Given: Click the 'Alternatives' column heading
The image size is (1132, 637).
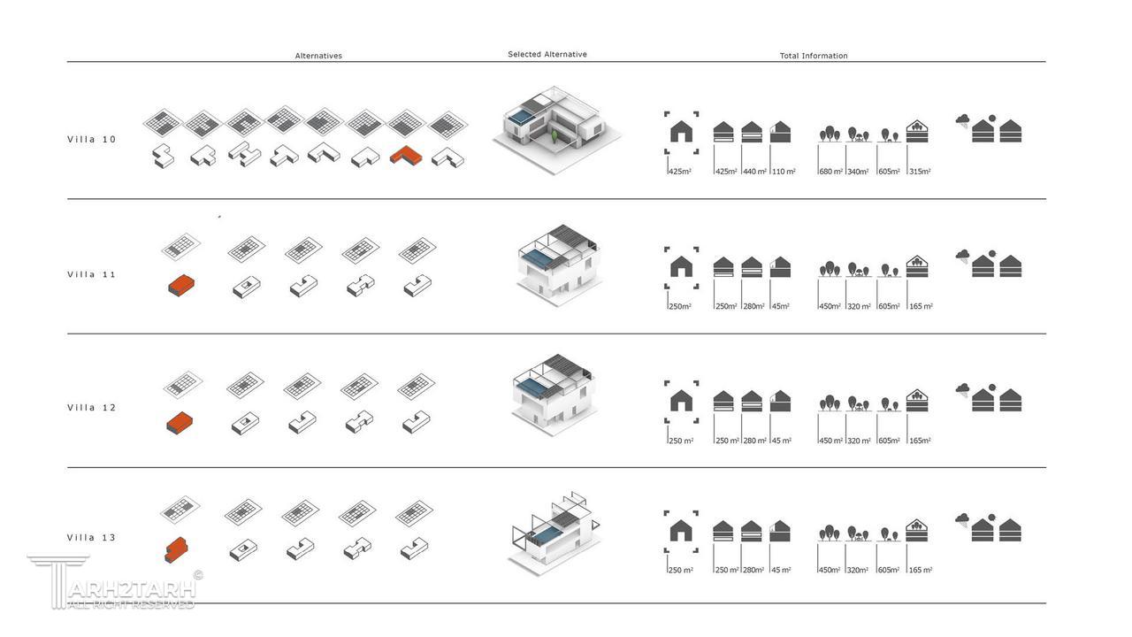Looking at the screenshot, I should point(318,56).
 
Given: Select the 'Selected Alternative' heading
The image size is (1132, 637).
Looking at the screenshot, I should point(547,54).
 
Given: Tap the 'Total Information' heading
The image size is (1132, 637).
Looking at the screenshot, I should point(813,56).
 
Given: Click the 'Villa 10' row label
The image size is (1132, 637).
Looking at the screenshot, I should point(92,139).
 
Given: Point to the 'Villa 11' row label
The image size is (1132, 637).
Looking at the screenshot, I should point(92,274).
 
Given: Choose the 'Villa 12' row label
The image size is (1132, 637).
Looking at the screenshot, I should point(92,408).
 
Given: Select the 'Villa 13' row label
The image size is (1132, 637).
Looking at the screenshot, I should point(92,538).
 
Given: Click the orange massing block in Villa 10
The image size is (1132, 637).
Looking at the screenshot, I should point(406,157).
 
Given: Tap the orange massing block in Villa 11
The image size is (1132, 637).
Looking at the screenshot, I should point(180,285).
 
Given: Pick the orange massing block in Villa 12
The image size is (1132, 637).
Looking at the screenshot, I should point(180,422).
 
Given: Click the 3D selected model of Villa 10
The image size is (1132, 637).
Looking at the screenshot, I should point(555,128).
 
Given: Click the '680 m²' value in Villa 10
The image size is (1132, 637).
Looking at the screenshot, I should point(830,172).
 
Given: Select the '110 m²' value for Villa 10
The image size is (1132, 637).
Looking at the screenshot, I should point(784,172).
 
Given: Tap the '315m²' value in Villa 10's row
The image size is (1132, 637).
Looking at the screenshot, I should point(920,172).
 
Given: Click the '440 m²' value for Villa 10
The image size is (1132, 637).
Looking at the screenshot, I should point(754,172).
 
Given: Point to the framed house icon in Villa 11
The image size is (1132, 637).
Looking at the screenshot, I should point(681,267).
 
